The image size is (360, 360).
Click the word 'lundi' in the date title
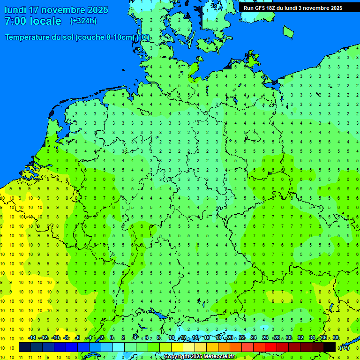pos(15,10)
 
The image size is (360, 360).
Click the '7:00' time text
pos(15,21)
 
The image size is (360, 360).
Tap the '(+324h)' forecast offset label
pos(83,21)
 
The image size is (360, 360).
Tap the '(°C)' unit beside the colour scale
pos(344,347)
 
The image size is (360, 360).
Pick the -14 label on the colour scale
pos(32,337)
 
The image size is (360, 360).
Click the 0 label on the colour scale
pos(112,337)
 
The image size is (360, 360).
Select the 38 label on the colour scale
pos(335,337)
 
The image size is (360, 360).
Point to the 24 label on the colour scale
pos(254,337)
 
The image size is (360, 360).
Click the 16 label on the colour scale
pos(207,337)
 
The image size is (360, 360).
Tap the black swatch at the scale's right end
pos(330,347)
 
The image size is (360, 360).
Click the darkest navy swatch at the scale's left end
pos(25,347)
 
